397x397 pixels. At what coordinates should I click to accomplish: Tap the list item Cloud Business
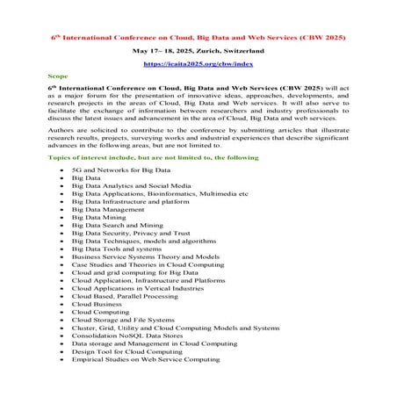97,305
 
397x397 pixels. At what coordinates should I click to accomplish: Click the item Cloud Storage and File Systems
123,321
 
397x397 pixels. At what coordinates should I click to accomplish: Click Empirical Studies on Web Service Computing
146,360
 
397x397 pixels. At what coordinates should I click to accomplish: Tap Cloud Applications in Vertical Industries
137,289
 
